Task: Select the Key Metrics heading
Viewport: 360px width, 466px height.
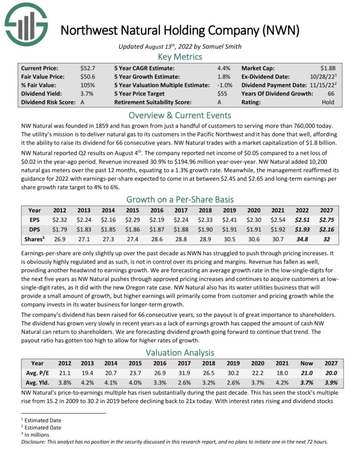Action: point(179,56)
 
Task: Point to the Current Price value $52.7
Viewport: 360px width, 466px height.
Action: point(88,67)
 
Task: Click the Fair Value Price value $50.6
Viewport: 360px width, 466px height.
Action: point(88,77)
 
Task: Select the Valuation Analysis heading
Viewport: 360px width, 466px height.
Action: point(179,352)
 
